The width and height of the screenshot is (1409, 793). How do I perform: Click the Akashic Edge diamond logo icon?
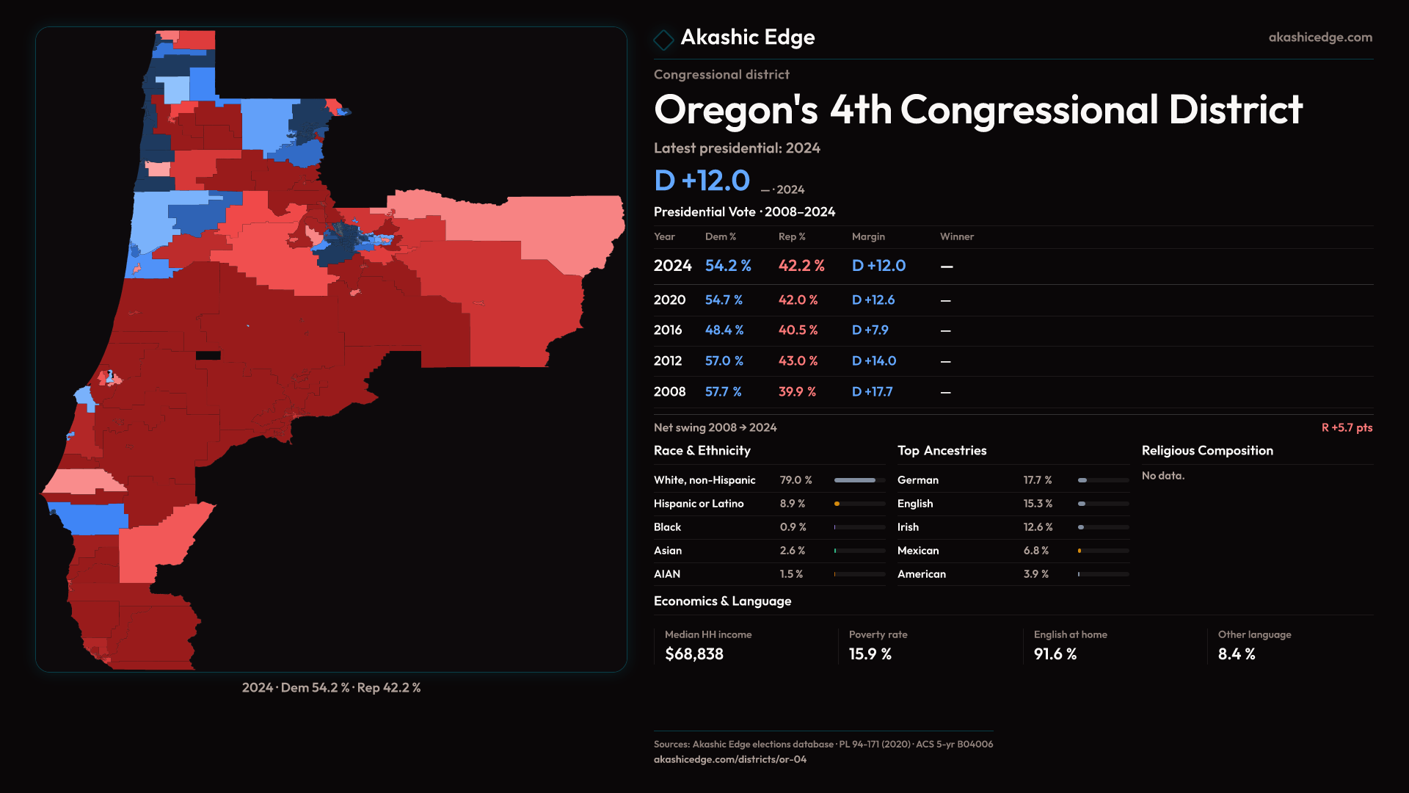[x=663, y=40]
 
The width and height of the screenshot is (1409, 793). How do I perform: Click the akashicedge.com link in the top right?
[x=1319, y=37]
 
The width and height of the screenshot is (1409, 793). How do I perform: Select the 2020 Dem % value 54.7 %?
[x=724, y=300]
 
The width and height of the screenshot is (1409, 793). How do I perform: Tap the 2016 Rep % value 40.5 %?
[x=798, y=330]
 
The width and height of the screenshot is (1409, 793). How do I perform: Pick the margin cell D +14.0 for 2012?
[x=873, y=361]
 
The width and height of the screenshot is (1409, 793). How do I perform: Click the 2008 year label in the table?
[x=669, y=392]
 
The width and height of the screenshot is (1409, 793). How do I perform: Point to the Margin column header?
[x=868, y=236]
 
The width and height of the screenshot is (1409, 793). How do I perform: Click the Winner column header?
[x=956, y=236]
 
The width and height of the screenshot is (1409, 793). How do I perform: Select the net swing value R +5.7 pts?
[x=1346, y=427]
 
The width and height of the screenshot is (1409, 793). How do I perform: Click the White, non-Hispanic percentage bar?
[x=859, y=480]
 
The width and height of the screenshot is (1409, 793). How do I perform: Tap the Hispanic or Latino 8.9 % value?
[x=792, y=504]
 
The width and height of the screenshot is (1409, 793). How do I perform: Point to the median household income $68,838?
[x=693, y=654]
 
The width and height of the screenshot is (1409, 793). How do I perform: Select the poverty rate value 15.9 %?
[x=870, y=654]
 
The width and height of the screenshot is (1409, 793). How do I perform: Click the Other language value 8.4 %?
[x=1236, y=654]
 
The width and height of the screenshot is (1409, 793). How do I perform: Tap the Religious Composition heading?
[x=1206, y=451]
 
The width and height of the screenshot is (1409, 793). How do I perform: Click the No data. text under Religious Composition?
[x=1162, y=476]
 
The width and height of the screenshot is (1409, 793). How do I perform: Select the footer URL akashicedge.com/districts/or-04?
[x=729, y=759]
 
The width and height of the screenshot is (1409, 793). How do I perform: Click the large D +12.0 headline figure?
[x=702, y=181]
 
